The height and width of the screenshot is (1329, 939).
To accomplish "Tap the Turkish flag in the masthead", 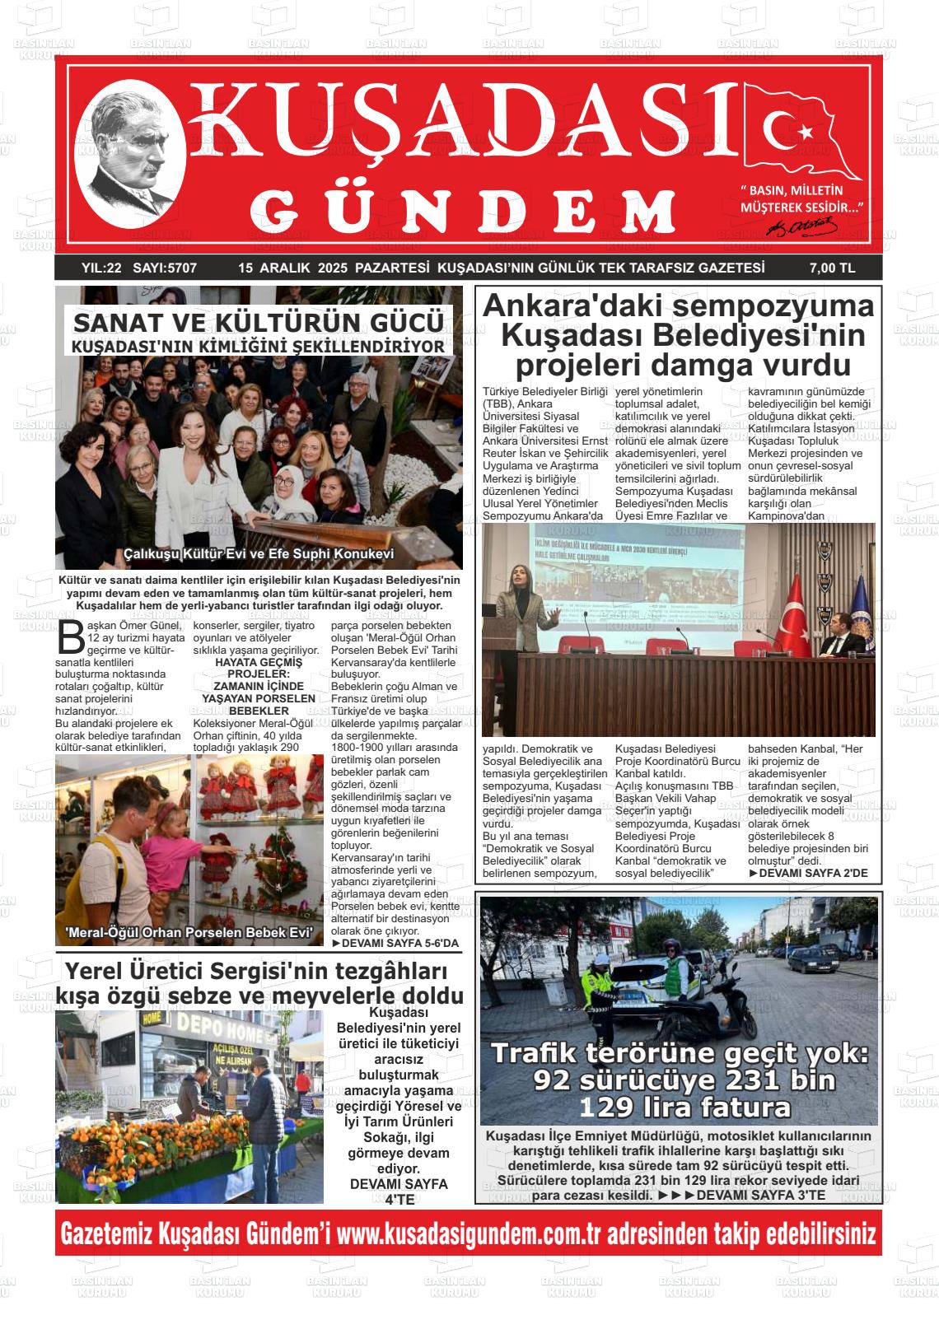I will pyautogui.click(x=800, y=133).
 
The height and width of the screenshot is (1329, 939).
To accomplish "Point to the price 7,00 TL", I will pyautogui.click(x=832, y=268).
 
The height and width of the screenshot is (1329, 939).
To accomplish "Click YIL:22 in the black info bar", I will pyautogui.click(x=101, y=268).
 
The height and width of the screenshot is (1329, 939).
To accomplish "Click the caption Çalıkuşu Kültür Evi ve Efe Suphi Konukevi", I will pyautogui.click(x=259, y=553).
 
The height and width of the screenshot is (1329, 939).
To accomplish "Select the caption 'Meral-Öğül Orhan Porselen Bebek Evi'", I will pyautogui.click(x=189, y=932).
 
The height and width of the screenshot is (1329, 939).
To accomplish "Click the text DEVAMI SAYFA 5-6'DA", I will pyautogui.click(x=395, y=943).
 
